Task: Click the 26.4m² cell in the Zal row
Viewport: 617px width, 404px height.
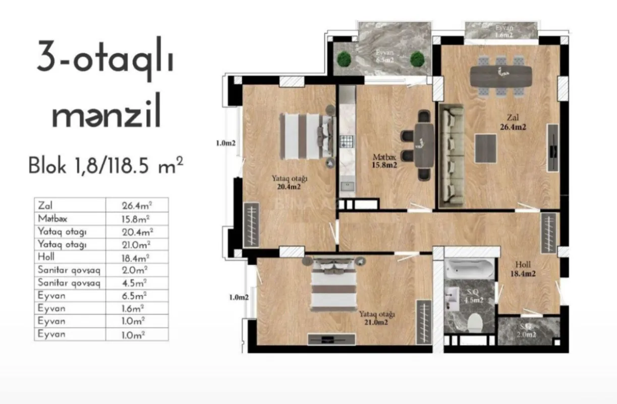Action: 137,206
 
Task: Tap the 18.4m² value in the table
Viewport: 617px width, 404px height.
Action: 137,257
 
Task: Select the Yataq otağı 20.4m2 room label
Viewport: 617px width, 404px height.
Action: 290,182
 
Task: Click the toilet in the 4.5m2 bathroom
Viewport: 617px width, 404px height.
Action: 475,322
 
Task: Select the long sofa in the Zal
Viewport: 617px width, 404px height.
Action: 451,157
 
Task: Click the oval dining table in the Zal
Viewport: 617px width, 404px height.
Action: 500,76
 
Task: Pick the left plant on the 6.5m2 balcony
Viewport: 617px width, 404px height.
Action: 345,59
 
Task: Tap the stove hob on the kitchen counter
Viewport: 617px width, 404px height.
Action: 346,143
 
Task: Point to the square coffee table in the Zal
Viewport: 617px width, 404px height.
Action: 486,148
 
